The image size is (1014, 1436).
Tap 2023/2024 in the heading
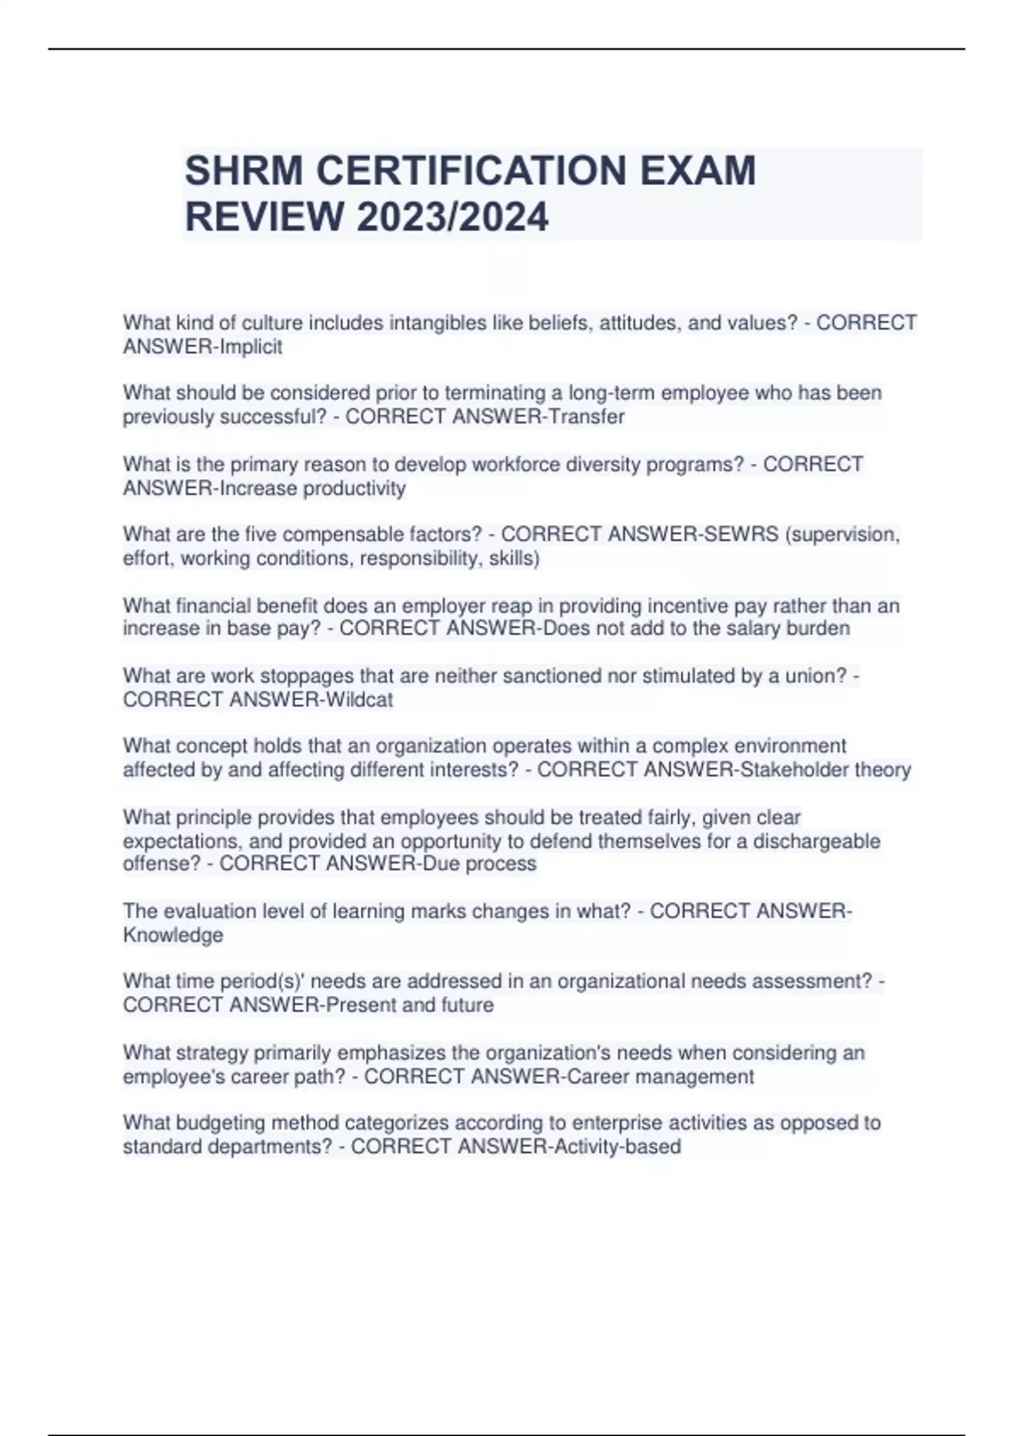(452, 217)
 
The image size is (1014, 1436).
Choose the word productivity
(354, 488)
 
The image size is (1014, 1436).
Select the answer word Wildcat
(359, 699)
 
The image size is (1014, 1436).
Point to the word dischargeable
(816, 841)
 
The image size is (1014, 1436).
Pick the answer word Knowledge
(173, 935)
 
